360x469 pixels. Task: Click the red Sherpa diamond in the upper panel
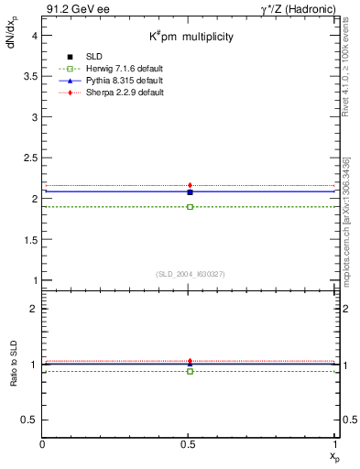pyautogui.click(x=190, y=186)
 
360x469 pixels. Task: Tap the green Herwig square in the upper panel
pyautogui.click(x=190, y=207)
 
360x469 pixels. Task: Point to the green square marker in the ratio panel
pyautogui.click(x=190, y=371)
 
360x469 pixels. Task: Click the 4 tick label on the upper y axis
pyautogui.click(x=34, y=36)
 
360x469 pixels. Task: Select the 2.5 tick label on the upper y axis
pyautogui.click(x=28, y=158)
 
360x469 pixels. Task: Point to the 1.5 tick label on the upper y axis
pyautogui.click(x=28, y=239)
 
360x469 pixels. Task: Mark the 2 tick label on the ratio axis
pyautogui.click(x=34, y=309)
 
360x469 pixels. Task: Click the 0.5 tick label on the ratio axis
pyautogui.click(x=28, y=420)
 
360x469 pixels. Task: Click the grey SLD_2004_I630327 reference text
pyautogui.click(x=190, y=274)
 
